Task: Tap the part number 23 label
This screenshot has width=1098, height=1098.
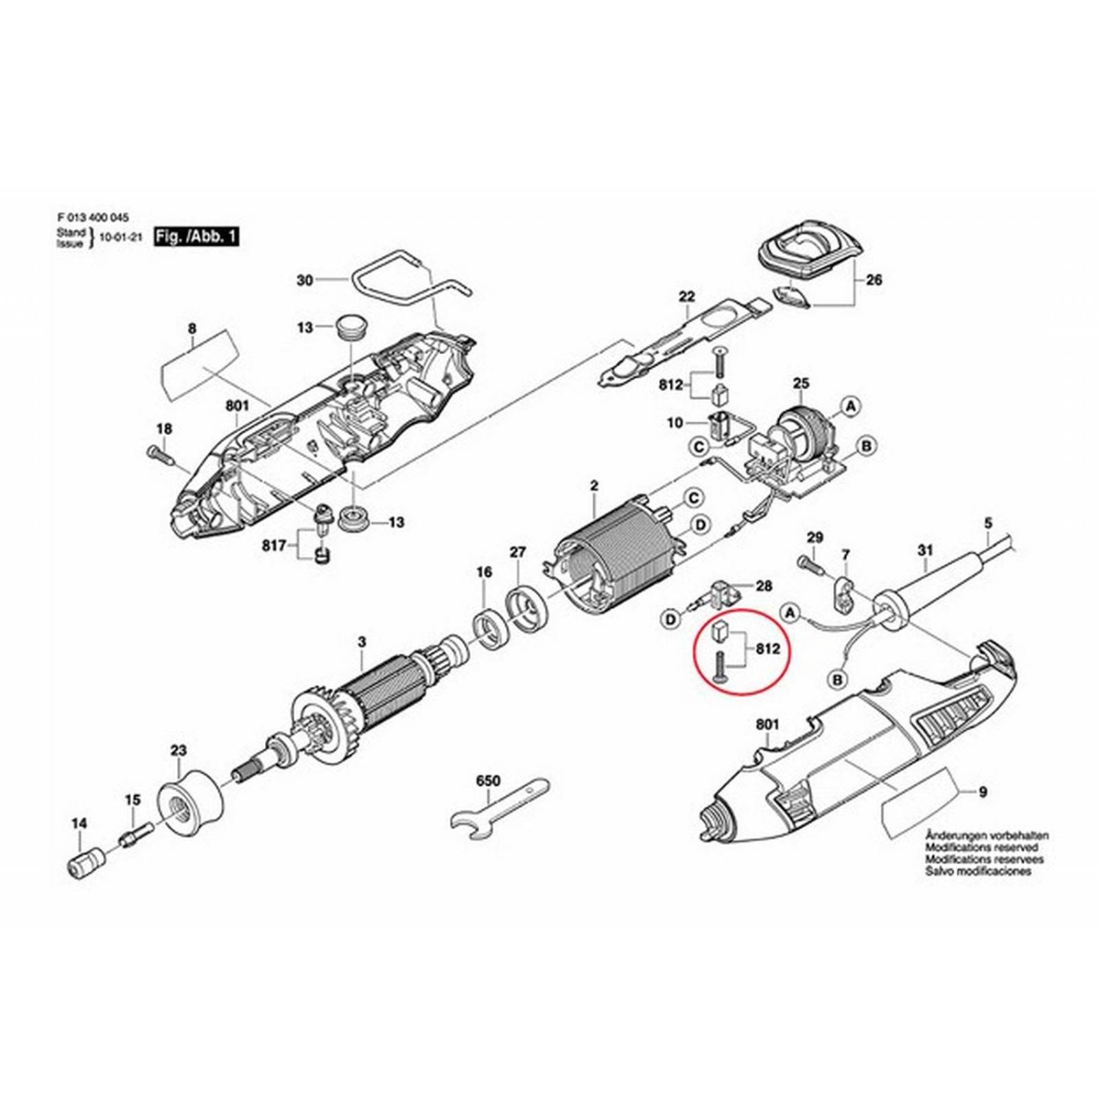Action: [178, 751]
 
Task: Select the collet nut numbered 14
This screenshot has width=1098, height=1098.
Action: [86, 863]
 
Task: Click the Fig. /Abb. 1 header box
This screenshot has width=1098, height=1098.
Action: [197, 237]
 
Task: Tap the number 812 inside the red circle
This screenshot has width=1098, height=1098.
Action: [767, 649]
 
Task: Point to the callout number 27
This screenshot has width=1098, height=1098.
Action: [517, 552]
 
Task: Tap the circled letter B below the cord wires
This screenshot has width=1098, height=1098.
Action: [837, 680]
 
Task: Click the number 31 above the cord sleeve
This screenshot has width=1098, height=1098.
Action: [925, 550]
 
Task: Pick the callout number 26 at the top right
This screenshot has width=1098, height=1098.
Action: [874, 280]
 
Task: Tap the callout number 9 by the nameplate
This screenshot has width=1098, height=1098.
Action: [983, 792]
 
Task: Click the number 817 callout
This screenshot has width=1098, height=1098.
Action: [274, 546]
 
